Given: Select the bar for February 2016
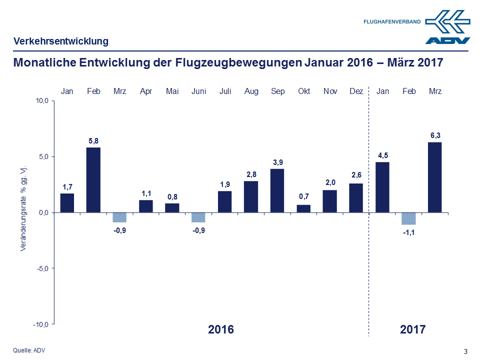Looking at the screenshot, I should [x=93, y=179].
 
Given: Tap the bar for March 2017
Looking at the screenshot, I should [x=435, y=177].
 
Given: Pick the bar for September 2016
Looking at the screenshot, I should [x=277, y=190].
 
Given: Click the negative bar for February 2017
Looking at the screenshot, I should [x=408, y=218].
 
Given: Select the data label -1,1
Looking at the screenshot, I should [x=408, y=232].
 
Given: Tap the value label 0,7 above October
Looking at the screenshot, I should [x=303, y=196].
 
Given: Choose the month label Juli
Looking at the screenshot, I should [x=225, y=91].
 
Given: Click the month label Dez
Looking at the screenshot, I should [x=356, y=91].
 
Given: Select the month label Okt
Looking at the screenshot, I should [x=303, y=91].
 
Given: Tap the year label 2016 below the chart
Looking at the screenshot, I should [x=220, y=329].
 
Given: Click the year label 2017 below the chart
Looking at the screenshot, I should [x=412, y=329].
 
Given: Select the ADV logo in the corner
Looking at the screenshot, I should [x=447, y=27].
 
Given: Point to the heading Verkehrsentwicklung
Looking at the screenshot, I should [x=60, y=41].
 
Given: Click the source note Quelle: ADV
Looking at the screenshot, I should [x=28, y=350].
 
